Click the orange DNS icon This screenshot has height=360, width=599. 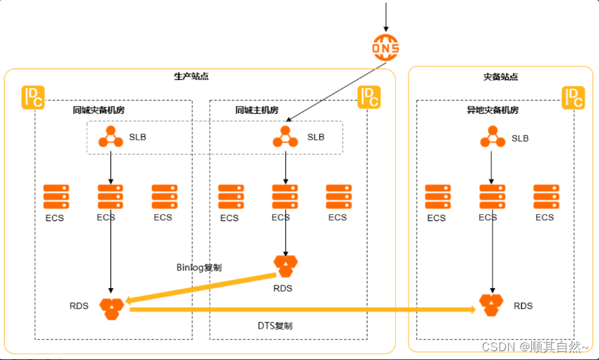386,47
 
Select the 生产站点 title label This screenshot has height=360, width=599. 192,77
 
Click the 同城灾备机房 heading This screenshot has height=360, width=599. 99,110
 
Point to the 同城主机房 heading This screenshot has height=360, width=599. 257,110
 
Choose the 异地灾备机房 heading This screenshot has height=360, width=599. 493,110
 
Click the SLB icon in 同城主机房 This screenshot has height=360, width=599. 285,137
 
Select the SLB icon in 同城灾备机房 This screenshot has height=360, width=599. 110,137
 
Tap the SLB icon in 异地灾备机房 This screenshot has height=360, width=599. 493,138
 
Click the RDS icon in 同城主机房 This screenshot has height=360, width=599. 285,266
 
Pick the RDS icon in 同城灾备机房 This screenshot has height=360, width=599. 112,308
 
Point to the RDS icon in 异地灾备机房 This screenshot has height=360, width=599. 491,305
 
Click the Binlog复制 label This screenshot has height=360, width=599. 199,267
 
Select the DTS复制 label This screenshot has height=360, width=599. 275,326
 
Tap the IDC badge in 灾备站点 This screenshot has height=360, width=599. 573,98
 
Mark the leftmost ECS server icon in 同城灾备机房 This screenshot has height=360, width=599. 56,197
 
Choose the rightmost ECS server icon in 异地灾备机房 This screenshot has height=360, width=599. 545,197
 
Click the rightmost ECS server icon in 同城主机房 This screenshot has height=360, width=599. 337,197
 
